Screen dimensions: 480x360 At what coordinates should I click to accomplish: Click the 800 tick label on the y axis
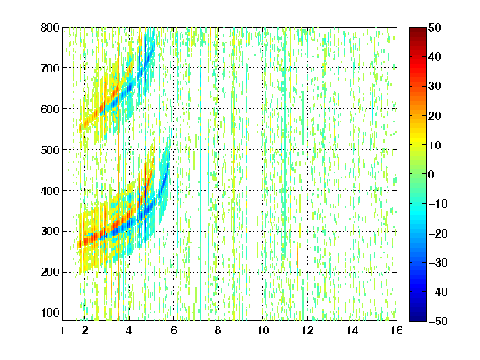(x=50, y=27)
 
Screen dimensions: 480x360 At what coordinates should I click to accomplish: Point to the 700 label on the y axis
(x=50, y=68)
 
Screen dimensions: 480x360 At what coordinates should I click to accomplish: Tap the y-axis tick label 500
(x=50, y=150)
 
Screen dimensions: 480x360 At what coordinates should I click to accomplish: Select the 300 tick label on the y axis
(x=50, y=232)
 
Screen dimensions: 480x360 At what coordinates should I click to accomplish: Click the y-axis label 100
(x=50, y=312)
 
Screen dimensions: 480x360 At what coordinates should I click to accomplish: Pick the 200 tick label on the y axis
(x=50, y=272)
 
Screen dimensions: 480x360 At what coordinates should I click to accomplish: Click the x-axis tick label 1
(x=62, y=330)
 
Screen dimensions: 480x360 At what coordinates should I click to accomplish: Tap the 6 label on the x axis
(x=173, y=330)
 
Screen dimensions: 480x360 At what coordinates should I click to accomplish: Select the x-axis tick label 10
(x=262, y=330)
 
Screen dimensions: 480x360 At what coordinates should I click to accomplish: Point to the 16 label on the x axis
(x=397, y=330)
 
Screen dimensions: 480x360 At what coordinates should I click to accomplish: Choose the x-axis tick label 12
(x=307, y=330)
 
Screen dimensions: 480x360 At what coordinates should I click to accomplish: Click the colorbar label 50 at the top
(x=434, y=27)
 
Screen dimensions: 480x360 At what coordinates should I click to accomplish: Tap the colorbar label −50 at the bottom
(x=438, y=321)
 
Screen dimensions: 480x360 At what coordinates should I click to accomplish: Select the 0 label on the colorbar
(x=432, y=174)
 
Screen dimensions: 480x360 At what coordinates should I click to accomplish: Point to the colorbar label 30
(x=434, y=87)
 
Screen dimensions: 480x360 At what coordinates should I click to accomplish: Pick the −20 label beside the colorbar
(x=438, y=233)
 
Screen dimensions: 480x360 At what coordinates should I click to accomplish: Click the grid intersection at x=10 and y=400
(x=262, y=190)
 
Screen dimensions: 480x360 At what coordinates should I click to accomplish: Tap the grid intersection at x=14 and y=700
(x=352, y=68)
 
